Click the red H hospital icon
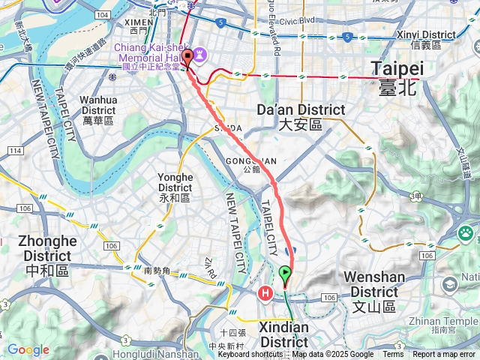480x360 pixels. click(x=265, y=293)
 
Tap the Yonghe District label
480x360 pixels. click(x=175, y=187)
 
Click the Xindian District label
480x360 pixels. click(x=283, y=334)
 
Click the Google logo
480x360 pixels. click(x=28, y=349)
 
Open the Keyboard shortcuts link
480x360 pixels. click(x=256, y=355)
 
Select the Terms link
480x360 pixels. click(x=393, y=355)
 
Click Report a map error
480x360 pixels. click(x=445, y=355)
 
